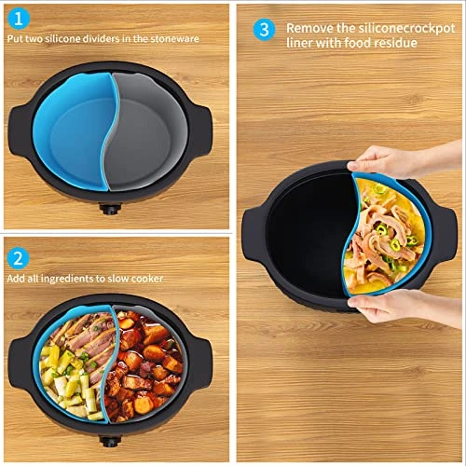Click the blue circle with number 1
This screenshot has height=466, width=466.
pyautogui.click(x=19, y=19)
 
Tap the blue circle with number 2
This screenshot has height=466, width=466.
pyautogui.click(x=19, y=258)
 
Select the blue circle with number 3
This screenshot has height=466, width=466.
pyautogui.click(x=264, y=30)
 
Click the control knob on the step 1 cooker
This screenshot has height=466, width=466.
pyautogui.click(x=110, y=209)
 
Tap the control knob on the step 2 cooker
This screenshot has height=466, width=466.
pyautogui.click(x=110, y=441)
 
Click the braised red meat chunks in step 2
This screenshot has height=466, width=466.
pyautogui.click(x=144, y=366)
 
